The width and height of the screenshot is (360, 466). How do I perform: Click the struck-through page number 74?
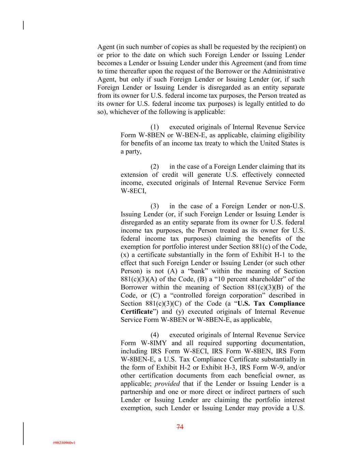[180, 427]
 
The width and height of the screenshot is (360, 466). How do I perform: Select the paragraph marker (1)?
[155, 127]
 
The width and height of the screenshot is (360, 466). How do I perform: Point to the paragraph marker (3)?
[155, 206]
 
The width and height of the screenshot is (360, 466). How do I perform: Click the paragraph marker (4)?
[155, 335]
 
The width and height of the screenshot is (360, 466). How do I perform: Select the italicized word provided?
[167, 384]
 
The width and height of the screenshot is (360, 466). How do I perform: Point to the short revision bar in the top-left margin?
[23, 25]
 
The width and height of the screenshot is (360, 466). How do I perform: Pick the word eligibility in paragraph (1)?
[290, 136]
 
